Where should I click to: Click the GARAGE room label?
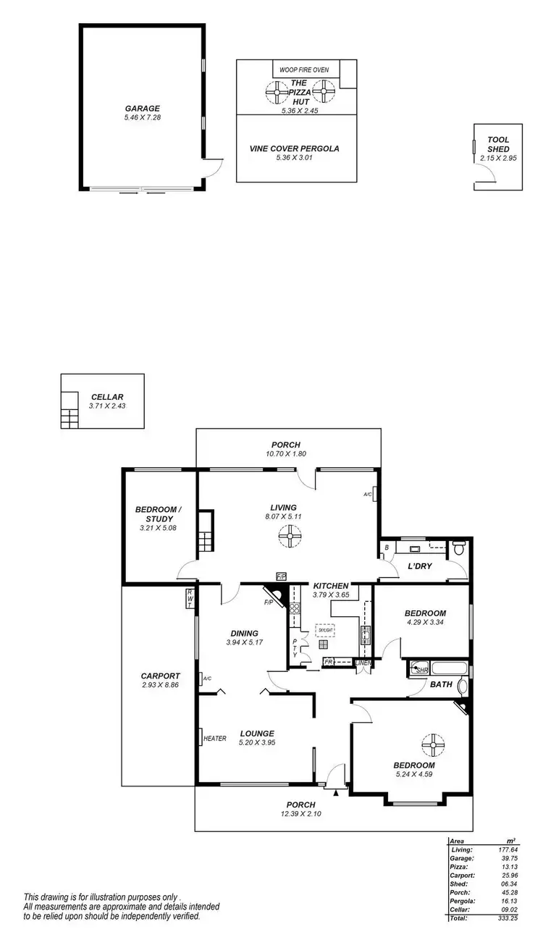point(142,109)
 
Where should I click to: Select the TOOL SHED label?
point(499,144)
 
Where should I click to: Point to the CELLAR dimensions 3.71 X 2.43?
point(107,407)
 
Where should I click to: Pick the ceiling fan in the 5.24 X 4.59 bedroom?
point(434,744)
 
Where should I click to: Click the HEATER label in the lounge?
point(215,739)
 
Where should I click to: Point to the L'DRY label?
point(420,566)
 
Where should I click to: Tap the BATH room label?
point(441,684)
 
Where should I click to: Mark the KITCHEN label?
point(331,585)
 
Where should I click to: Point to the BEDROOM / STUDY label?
point(159,514)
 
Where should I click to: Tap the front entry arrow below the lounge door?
point(335,793)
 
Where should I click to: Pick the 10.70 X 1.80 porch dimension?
point(285,454)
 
